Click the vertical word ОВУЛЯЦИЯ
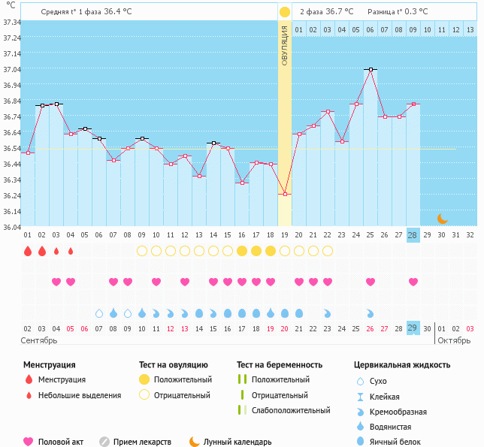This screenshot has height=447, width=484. point(285,45)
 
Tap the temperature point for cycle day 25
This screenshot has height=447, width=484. point(370,70)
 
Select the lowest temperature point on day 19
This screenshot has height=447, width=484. point(284,195)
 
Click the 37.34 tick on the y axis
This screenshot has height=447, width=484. point(11,23)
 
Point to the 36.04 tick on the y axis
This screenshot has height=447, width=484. point(11,227)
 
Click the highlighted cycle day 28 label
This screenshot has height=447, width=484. point(413,235)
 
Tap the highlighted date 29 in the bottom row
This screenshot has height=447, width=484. point(413,328)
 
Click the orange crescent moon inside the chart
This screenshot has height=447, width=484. point(443,219)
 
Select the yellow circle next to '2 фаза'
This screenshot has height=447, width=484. point(284,12)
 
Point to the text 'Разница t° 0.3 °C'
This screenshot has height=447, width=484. point(398,12)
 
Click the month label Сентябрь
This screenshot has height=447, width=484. point(39,340)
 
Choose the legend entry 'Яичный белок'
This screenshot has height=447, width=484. point(401,442)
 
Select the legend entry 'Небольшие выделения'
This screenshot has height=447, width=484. point(80,396)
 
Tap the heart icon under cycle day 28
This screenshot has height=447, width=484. point(413,282)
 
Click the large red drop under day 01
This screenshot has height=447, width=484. point(27,251)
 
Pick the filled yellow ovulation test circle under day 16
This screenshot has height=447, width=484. point(241,251)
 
